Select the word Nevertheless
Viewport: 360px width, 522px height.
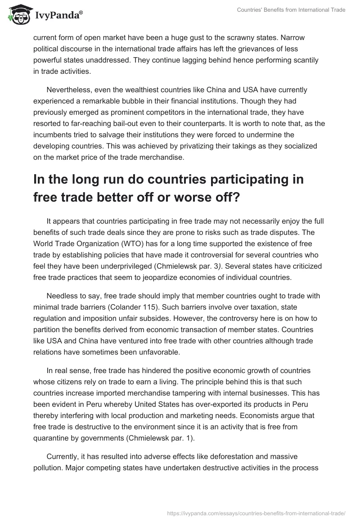[x=69, y=90]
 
